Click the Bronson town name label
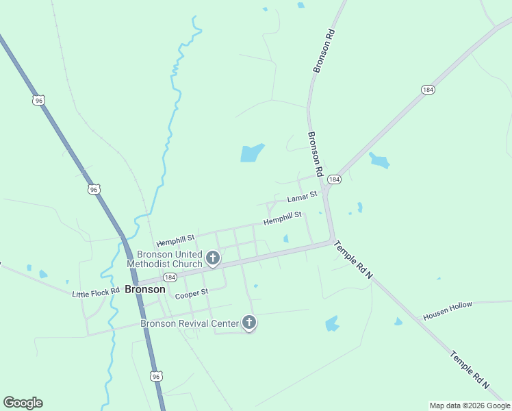point(144,289)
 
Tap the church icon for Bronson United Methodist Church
point(213,258)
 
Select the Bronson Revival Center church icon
point(249,323)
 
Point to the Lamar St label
point(302,197)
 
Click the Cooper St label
point(191,295)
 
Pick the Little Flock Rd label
point(96,292)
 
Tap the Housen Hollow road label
point(448,310)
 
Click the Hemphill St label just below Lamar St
point(283,219)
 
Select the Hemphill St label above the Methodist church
point(175,240)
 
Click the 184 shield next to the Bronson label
point(170,277)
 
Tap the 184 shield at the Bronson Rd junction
point(333,179)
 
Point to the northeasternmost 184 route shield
point(428,90)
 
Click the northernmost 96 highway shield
point(38,100)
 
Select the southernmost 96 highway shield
point(157,377)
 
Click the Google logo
point(23,403)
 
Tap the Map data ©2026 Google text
point(470,406)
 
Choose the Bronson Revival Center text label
point(190,323)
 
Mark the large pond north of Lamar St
point(251,153)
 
